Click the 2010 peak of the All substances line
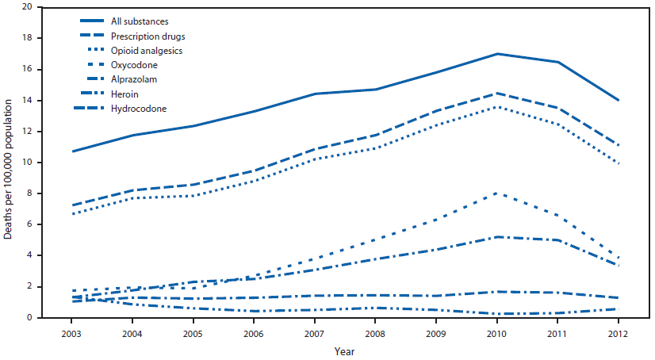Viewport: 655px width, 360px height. tap(496, 54)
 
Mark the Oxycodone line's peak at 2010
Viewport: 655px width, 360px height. tap(496, 193)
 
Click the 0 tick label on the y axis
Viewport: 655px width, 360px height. tap(29, 317)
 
